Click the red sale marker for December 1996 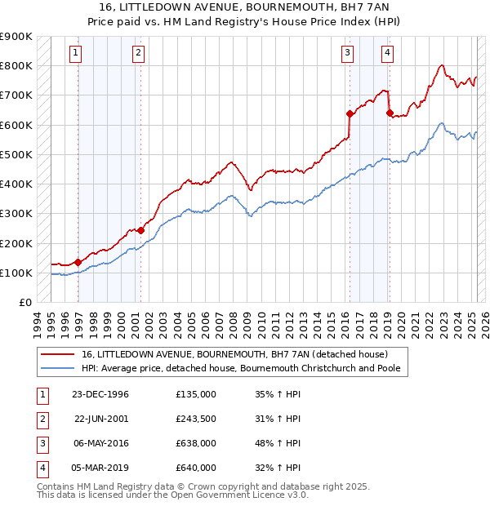tap(78, 262)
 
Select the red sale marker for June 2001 tap(140, 230)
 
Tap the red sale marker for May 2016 tap(349, 113)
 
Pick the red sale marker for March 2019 tap(390, 113)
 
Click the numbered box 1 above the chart tap(75, 54)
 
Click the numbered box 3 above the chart tap(347, 54)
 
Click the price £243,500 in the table tap(195, 419)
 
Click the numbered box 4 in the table tap(42, 468)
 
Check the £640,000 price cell tap(195, 468)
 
